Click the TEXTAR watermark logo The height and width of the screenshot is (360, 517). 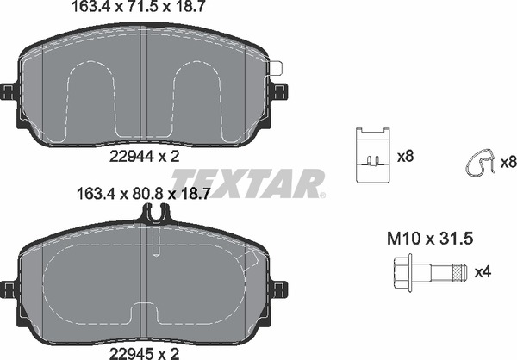[248, 183]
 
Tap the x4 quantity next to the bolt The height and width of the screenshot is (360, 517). [483, 273]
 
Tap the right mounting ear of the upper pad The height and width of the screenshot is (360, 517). [281, 90]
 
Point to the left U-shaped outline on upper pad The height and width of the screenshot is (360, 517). [90, 95]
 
